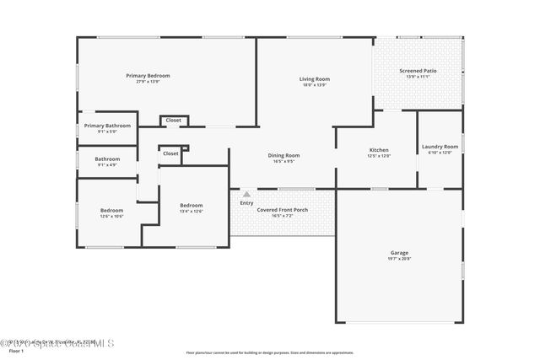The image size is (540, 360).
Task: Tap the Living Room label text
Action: coord(313,79)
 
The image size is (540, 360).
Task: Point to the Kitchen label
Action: coord(378,150)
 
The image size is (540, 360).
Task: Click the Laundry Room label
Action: coord(440,147)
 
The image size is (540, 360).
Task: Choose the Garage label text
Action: coord(399,253)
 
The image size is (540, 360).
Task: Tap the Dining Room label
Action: coord(283,155)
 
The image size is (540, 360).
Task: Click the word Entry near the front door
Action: coord(246,202)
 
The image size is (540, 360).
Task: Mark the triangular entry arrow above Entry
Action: coord(246,194)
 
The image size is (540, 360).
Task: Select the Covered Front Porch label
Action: coord(282,209)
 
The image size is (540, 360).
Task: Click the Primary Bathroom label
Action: coord(107,126)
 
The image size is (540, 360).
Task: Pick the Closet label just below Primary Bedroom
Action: coord(173,121)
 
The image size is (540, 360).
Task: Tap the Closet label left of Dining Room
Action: coord(170,153)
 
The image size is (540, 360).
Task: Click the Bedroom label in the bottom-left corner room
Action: coord(112,210)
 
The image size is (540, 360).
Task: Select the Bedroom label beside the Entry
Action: coord(192,205)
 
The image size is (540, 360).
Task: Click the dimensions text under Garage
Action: coord(399,259)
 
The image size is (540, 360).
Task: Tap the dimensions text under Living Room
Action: coord(313,85)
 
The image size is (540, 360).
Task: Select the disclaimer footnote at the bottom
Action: coord(269,352)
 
